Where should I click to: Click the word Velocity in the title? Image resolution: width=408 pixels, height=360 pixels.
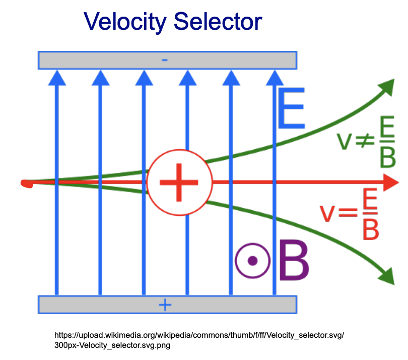125,22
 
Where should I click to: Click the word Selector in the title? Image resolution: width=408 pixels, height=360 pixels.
218,21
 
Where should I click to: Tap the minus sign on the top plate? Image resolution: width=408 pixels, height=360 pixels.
165,60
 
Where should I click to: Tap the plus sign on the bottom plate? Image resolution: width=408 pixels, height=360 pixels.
165,305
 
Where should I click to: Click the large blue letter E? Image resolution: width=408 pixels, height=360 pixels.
291,108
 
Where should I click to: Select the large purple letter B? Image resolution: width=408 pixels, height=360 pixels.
294,261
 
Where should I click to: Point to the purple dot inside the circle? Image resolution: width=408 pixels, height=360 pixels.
253,261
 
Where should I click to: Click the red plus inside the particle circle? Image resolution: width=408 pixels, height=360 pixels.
179,183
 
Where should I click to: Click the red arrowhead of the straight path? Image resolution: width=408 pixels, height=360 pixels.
391,183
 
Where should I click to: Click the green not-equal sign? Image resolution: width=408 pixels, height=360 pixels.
365,141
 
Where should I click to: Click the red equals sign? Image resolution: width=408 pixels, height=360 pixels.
348,212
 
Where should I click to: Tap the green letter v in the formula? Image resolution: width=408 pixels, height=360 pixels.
345,142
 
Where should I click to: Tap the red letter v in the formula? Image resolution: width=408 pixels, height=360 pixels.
327,213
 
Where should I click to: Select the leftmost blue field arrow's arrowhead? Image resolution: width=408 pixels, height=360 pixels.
57,78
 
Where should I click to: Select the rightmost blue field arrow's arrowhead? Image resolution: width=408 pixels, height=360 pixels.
275,78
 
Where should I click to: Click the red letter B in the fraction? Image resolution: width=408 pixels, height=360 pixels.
371,229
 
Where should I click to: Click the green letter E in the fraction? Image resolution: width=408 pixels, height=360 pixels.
387,127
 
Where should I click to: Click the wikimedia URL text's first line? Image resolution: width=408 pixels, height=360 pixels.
199,335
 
